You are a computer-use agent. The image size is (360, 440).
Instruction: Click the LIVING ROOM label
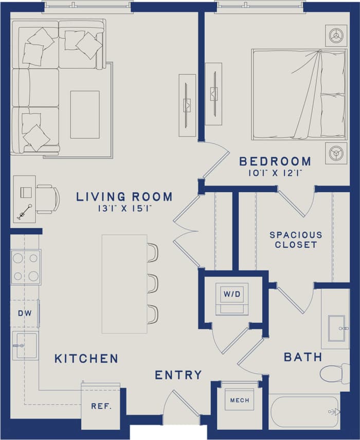[x=124, y=196]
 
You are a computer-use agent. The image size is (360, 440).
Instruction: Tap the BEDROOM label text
[x=275, y=161]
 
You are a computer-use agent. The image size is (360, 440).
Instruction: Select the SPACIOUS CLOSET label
[x=296, y=240]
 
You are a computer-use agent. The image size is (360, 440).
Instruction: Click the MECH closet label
[x=239, y=400]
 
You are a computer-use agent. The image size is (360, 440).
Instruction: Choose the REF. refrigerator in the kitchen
[x=101, y=406]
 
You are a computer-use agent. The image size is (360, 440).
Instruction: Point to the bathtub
[x=305, y=411]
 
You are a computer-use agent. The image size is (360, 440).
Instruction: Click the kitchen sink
[x=25, y=345]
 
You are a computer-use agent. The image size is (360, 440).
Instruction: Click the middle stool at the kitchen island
[x=152, y=283]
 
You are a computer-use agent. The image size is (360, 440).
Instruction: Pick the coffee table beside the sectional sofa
[x=85, y=114]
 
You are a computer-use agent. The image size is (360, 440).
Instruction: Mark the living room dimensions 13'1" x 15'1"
[x=124, y=208]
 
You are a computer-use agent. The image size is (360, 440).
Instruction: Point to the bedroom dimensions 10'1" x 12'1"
[x=275, y=173]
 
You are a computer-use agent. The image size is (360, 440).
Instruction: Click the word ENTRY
[x=178, y=375]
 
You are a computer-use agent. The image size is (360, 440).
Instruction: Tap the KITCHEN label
[x=86, y=358]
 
